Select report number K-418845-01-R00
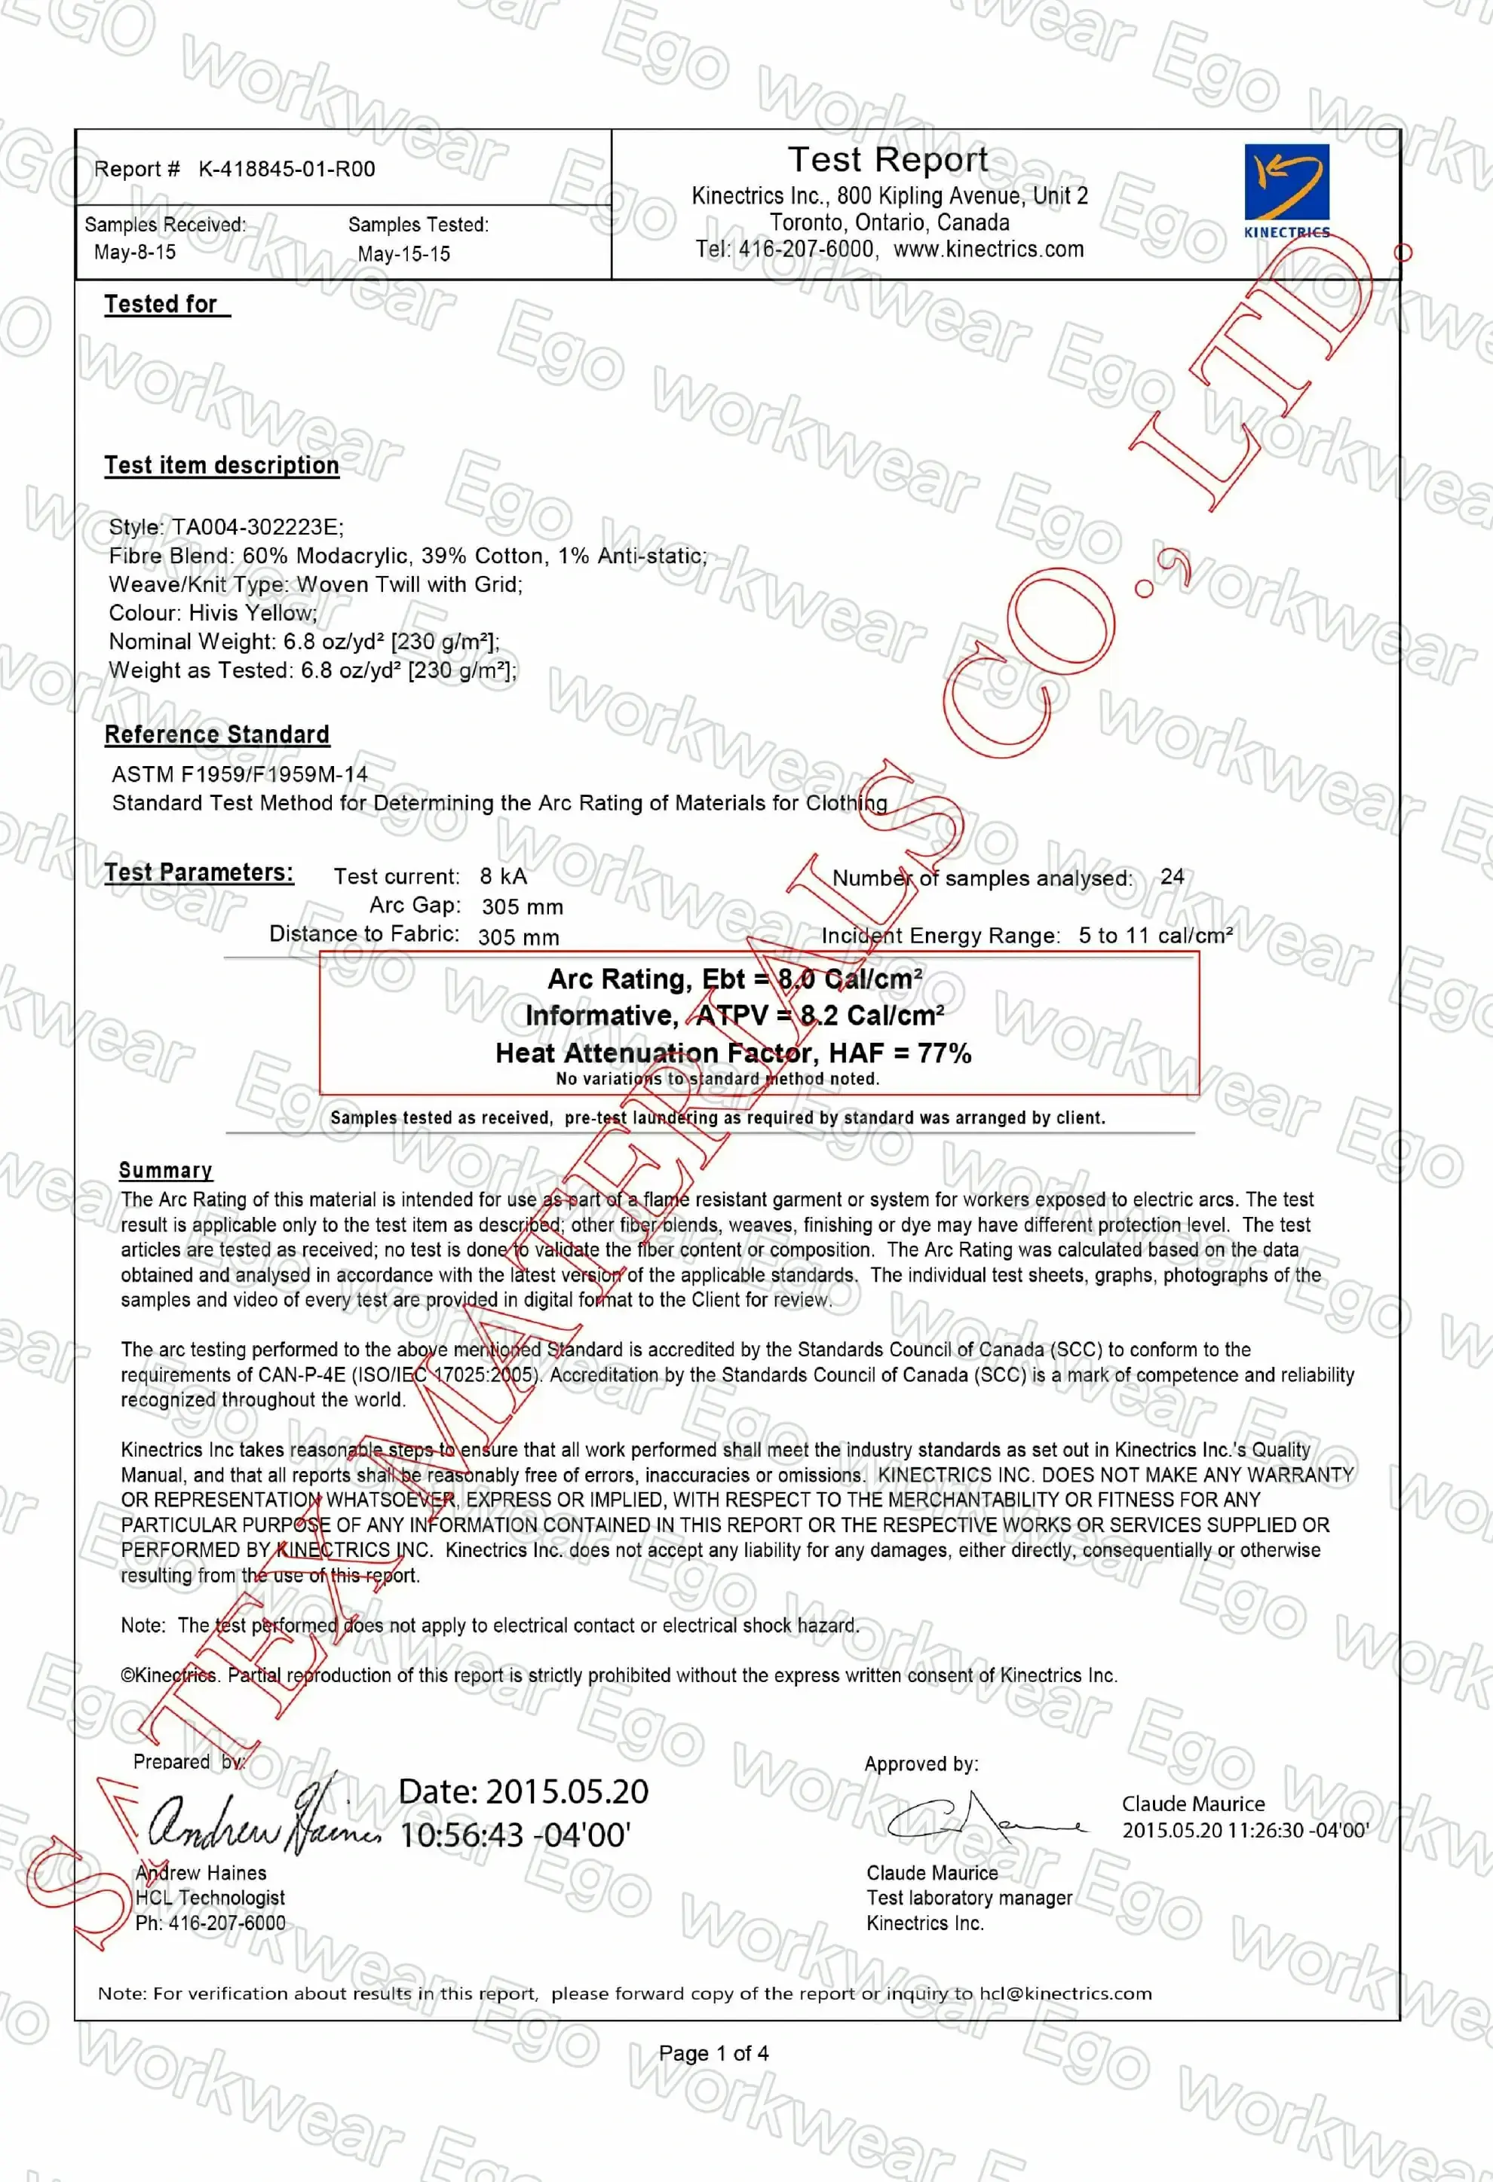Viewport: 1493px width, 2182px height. click(x=287, y=169)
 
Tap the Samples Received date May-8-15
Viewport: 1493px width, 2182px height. click(x=134, y=253)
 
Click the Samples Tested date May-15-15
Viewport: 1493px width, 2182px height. click(x=403, y=254)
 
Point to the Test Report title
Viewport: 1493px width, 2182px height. click(x=888, y=160)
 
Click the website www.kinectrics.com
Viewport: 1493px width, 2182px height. click(x=988, y=250)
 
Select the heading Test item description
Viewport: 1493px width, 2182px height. click(x=222, y=466)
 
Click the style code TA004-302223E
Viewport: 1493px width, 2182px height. click(x=257, y=527)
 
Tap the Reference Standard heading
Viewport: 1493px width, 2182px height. click(x=217, y=734)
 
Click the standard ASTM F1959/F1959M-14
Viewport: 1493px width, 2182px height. click(x=240, y=774)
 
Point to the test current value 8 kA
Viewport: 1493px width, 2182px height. click(x=503, y=877)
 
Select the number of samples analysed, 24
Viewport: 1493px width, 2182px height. click(x=1172, y=877)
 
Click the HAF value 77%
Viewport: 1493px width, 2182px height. click(x=945, y=1053)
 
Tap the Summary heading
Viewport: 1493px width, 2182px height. click(x=165, y=1170)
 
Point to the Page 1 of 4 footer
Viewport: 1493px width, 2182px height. click(x=713, y=2053)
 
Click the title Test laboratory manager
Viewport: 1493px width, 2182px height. click(x=968, y=1899)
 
